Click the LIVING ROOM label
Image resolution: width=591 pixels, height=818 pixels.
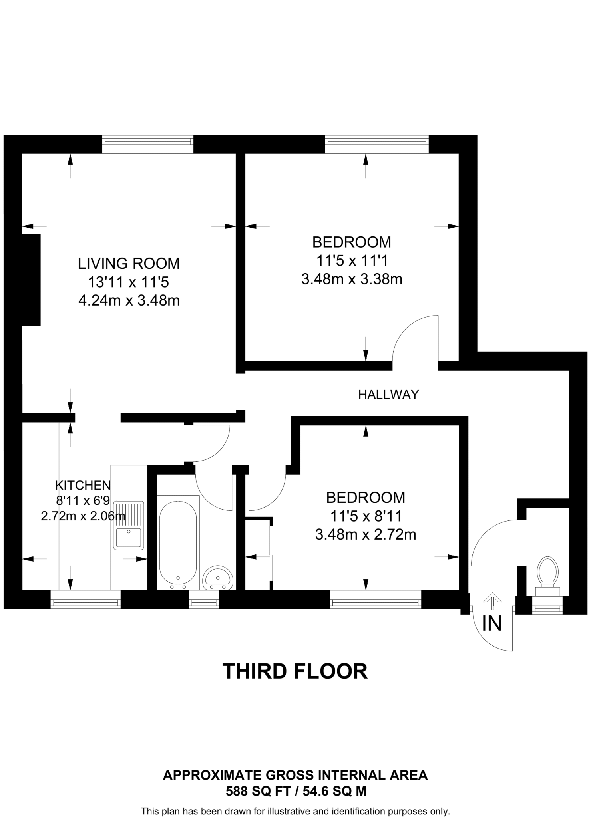point(129,264)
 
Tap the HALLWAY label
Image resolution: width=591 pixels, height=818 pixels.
point(388,395)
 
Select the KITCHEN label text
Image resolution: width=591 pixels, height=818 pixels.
point(83,485)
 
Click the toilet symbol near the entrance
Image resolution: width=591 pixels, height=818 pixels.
point(547,574)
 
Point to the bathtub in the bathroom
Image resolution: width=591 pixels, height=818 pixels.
point(178,541)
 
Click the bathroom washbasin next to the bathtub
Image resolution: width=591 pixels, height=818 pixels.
point(217,578)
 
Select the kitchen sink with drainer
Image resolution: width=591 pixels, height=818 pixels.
point(129,525)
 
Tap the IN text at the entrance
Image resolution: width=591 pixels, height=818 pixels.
point(492,623)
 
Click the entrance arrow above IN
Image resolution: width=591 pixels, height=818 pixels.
point(492,601)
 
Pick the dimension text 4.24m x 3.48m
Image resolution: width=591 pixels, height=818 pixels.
point(129,300)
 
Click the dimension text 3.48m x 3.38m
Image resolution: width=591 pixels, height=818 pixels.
point(352,279)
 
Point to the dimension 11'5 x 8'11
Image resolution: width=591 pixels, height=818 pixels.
point(366,516)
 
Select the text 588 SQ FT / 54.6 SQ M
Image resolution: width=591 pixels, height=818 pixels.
point(296,791)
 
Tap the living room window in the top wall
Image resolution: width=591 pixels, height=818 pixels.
point(147,144)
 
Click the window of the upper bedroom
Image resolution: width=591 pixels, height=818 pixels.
point(377,144)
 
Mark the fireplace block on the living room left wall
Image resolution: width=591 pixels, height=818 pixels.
point(31,280)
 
